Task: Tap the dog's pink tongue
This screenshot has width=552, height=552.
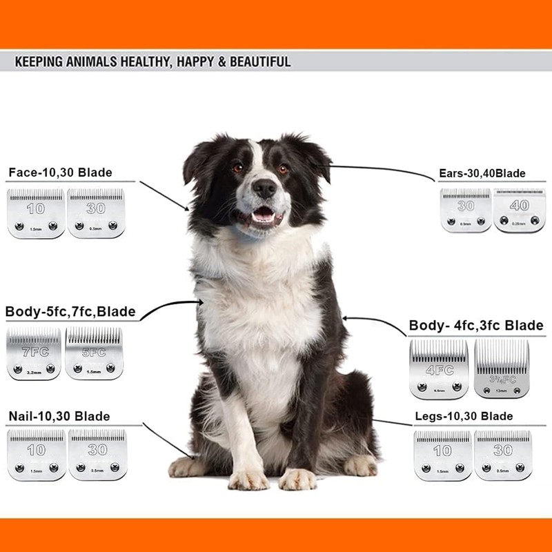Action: coord(263,216)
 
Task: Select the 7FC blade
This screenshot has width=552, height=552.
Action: coord(34,354)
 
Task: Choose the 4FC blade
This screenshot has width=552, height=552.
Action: coord(438,369)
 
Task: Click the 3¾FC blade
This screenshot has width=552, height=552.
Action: coord(501,368)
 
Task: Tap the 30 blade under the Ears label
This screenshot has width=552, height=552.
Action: coord(466,210)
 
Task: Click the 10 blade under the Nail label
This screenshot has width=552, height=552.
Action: coord(36,454)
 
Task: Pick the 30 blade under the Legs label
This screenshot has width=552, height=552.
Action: coord(502,455)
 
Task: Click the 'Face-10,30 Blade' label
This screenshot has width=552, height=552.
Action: coord(60,172)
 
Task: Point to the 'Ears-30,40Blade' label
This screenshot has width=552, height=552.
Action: coord(482,174)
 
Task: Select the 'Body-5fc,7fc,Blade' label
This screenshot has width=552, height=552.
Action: coord(70,312)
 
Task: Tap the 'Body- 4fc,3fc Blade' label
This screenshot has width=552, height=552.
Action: coord(476,325)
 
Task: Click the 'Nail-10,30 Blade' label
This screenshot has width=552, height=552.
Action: coord(59,417)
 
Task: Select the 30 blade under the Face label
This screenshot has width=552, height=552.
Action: coord(96,213)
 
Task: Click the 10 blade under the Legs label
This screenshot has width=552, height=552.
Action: coord(442,455)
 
